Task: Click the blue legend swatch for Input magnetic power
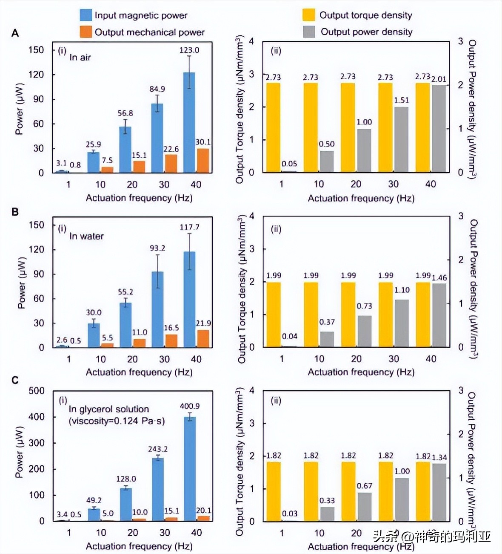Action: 86,15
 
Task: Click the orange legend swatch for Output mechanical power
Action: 86,32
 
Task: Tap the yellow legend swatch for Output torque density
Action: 308,15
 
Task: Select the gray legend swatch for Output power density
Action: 308,32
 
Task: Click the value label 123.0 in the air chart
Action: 189,50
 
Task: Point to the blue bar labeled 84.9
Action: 157,138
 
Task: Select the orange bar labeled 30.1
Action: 203,161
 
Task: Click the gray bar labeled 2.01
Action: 439,129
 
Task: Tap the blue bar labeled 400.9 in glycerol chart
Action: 190,469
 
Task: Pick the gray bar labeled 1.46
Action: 439,315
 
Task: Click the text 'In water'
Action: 86,236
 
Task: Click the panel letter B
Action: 15,212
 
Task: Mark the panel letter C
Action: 15,380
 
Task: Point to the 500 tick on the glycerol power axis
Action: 36,391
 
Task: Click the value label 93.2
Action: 157,248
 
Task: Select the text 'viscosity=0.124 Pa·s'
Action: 117,421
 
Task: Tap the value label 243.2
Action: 158,449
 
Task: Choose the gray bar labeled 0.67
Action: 365,507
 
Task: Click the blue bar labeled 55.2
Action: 125,325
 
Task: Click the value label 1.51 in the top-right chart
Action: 401,100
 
